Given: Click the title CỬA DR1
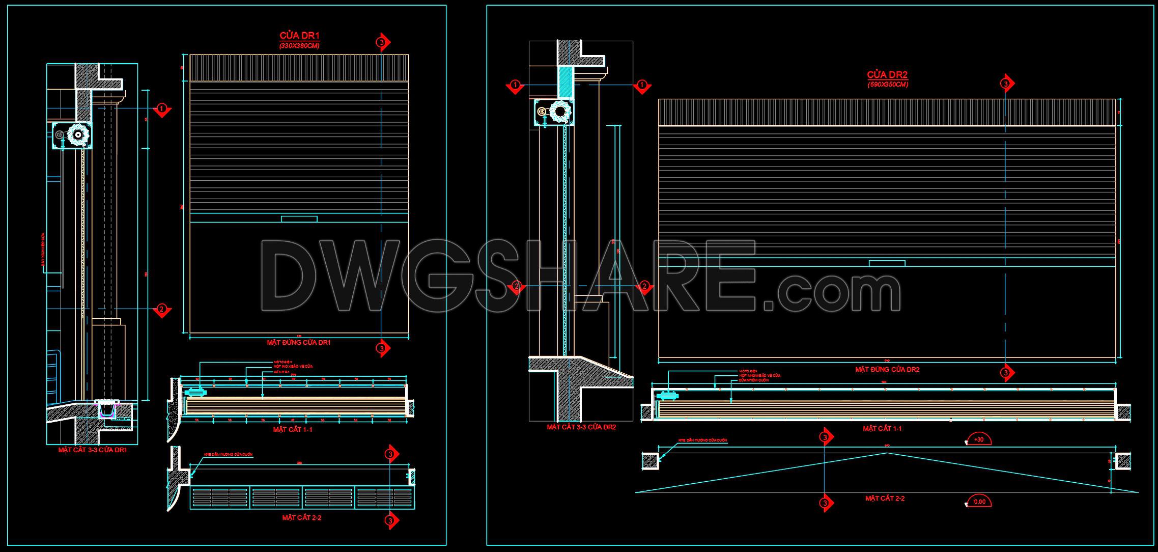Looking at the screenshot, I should click(x=299, y=36).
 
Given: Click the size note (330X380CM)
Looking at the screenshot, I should click(x=299, y=46).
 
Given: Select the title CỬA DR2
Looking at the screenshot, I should click(x=888, y=75).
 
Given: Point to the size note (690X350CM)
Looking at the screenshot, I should click(x=888, y=85).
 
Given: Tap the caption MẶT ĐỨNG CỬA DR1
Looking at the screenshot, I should click(x=299, y=343).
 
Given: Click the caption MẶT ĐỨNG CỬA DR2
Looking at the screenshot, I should click(x=887, y=369).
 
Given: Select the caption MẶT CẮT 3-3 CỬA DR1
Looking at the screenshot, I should click(x=93, y=450).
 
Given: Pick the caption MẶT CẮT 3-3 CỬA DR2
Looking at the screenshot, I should click(x=581, y=427).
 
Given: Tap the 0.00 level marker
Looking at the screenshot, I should click(x=978, y=502).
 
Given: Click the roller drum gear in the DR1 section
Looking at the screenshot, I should click(x=78, y=135).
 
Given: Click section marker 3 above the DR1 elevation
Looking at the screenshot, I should click(x=382, y=43).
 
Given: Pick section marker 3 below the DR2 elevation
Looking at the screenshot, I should click(x=1005, y=373).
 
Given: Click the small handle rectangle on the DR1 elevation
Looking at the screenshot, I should click(x=299, y=219).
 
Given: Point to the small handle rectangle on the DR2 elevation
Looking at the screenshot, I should click(x=887, y=263).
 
